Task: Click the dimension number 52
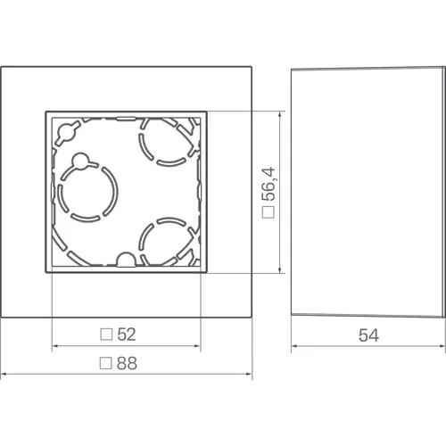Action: point(126,334)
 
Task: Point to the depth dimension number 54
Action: point(368,335)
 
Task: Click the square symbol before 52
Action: point(106,334)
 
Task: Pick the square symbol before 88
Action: point(106,363)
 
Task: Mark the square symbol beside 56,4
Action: point(267,213)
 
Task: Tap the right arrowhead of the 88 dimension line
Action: point(250,374)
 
